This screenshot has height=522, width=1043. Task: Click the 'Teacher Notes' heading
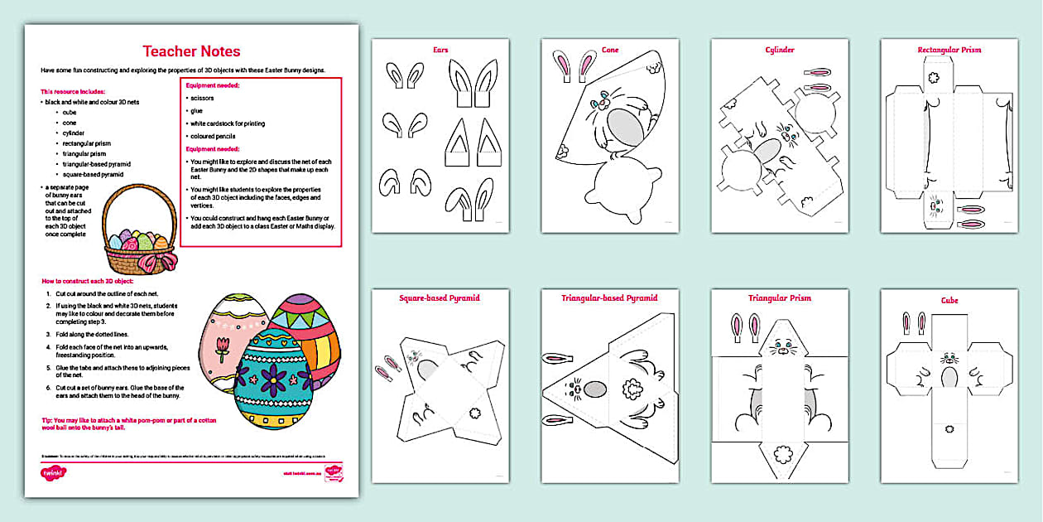(x=191, y=51)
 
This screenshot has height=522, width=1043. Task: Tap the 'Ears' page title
(x=440, y=50)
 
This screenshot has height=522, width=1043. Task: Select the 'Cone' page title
(x=609, y=50)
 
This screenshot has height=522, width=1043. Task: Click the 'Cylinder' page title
(x=779, y=50)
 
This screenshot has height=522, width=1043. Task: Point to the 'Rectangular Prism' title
(x=949, y=50)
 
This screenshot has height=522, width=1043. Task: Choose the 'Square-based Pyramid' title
(x=440, y=298)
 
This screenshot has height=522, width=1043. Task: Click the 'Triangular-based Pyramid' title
(x=609, y=298)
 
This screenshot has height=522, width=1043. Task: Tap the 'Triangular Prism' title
(x=779, y=298)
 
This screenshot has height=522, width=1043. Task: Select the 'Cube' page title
(x=949, y=300)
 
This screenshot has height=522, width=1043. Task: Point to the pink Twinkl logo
(x=53, y=473)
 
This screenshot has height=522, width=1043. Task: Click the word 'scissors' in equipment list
(x=202, y=98)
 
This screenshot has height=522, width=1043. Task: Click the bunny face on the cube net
(x=949, y=359)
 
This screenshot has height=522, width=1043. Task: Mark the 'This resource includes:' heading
(x=73, y=91)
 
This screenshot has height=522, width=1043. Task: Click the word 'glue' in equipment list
(x=197, y=110)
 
